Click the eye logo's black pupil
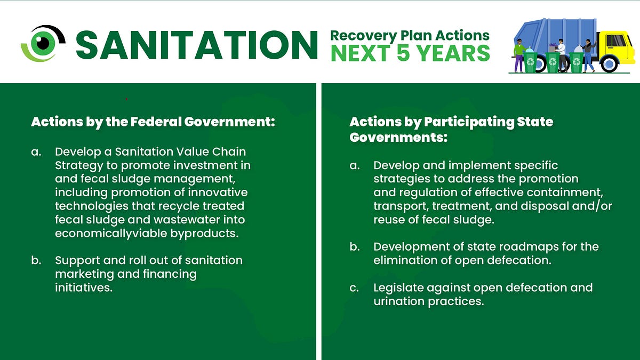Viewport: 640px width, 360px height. pos(43,43)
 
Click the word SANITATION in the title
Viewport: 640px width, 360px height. pos(197,45)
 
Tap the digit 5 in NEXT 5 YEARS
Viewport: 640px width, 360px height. pos(403,53)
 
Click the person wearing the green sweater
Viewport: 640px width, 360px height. pos(518,55)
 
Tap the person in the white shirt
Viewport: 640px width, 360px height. pos(561,55)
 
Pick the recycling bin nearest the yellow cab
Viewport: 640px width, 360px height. pos(577,62)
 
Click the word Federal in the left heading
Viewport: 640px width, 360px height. pos(156,122)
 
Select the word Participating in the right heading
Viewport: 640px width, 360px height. pos(469,122)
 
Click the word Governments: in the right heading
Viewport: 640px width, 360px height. pos(398,138)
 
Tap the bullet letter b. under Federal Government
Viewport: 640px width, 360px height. pos(36,260)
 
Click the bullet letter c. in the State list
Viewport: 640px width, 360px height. pos(354,288)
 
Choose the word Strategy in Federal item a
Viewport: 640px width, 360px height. pos(79,166)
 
